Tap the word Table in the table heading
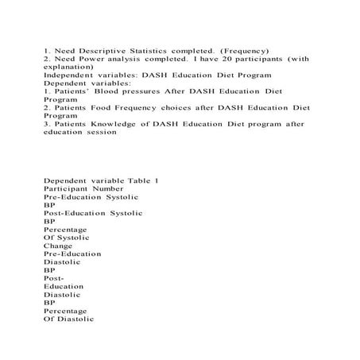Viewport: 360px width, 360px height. point(138,180)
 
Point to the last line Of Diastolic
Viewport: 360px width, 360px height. point(69,319)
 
